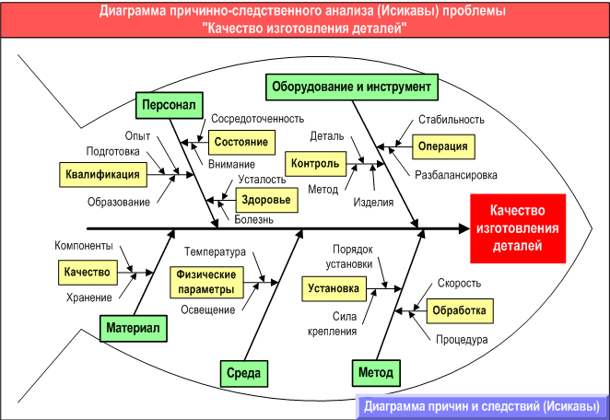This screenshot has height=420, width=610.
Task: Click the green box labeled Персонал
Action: point(168,106)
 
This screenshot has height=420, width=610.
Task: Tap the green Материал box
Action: point(133,329)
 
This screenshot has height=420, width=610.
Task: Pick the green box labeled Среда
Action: point(243,374)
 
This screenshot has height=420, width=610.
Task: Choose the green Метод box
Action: point(377,374)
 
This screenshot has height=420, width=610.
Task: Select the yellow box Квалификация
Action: point(103,173)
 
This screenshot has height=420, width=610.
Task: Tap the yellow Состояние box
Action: point(242,142)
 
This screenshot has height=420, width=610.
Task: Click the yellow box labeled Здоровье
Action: point(265,200)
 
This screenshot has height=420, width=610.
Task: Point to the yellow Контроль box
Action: point(315,164)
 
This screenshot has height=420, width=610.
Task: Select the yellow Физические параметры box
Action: point(206,281)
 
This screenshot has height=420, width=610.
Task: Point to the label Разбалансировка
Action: point(456,174)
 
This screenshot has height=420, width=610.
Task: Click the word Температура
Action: point(215,251)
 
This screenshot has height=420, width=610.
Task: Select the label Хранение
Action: point(89,297)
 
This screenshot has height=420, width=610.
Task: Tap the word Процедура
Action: point(462,339)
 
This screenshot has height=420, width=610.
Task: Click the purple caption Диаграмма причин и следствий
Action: point(481,406)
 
